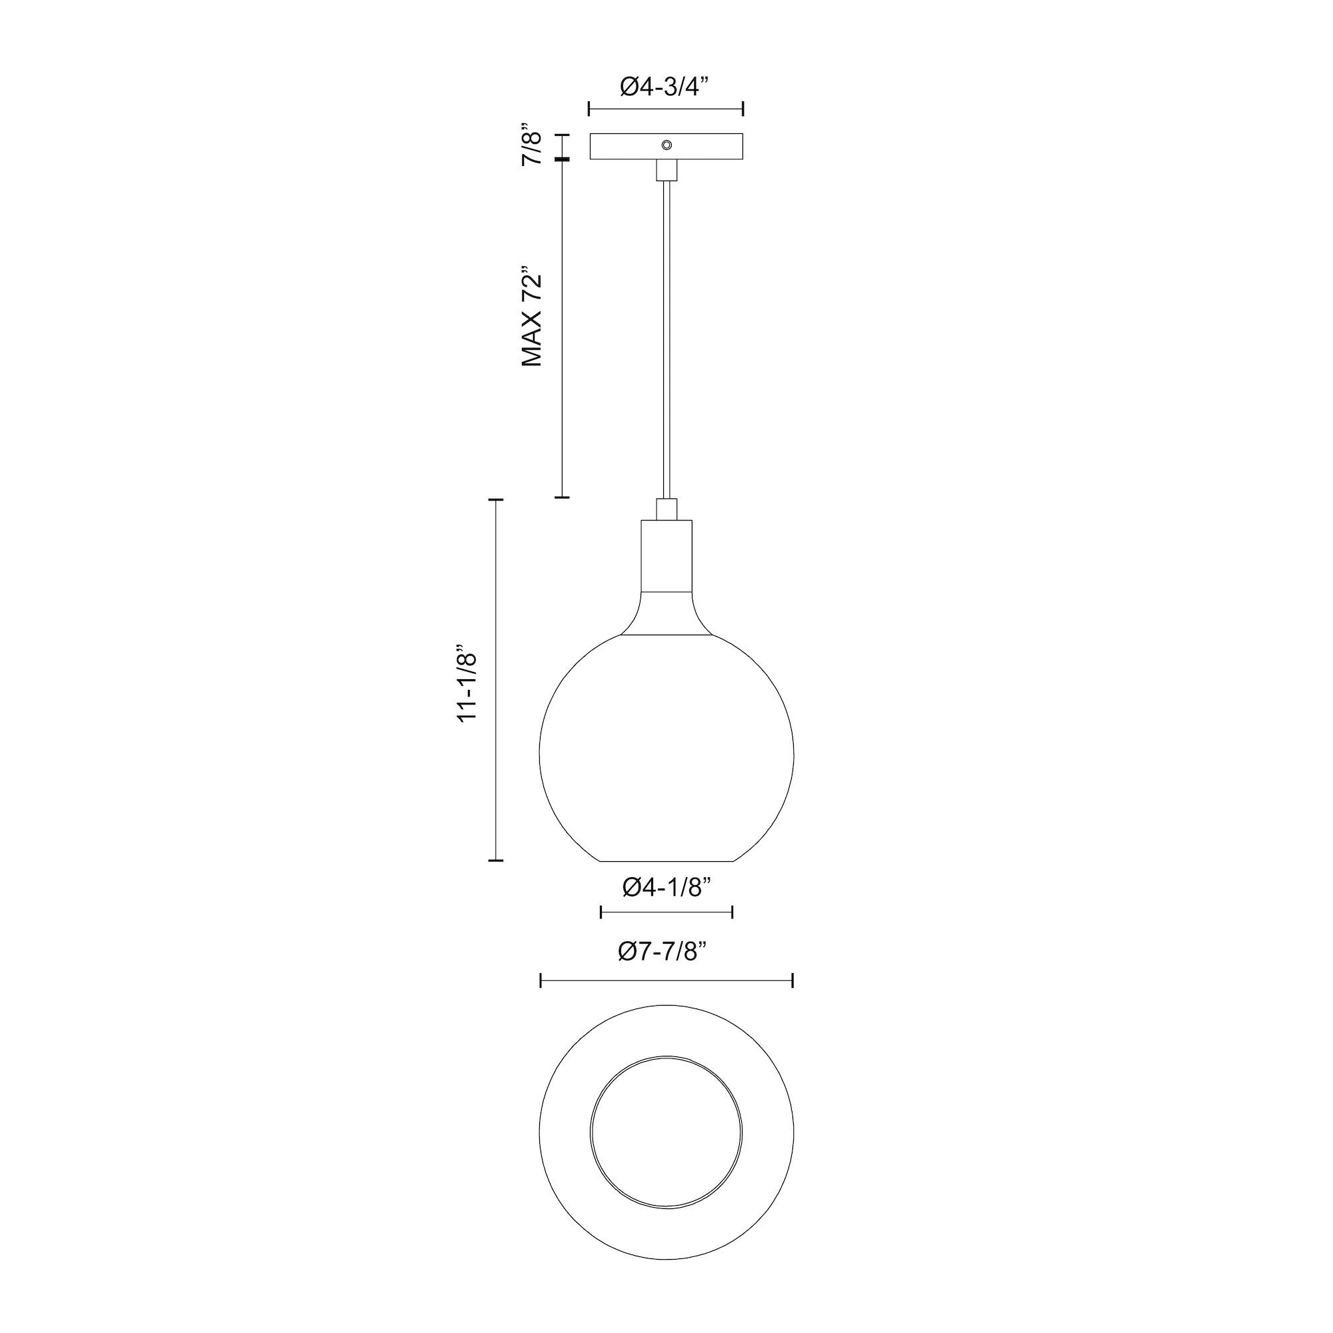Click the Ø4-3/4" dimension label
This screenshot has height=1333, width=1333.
665,87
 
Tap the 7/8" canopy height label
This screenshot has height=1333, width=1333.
533,145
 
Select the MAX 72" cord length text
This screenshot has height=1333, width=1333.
533,316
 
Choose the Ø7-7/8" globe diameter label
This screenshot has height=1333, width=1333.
665,952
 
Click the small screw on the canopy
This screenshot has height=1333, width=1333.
666,144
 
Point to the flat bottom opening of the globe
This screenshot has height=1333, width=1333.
666,860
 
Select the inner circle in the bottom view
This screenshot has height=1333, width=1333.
666,1130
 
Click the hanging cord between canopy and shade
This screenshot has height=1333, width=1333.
666,331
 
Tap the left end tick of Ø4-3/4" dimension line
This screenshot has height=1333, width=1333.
589,109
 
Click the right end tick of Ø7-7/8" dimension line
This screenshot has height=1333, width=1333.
792,980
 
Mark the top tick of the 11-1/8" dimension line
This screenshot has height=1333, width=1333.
495,499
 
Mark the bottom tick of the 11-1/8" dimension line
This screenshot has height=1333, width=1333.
495,860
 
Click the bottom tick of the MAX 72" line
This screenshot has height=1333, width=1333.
563,497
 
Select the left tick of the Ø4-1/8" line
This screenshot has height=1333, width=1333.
602,913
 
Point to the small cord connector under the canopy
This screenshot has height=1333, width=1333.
666,171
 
